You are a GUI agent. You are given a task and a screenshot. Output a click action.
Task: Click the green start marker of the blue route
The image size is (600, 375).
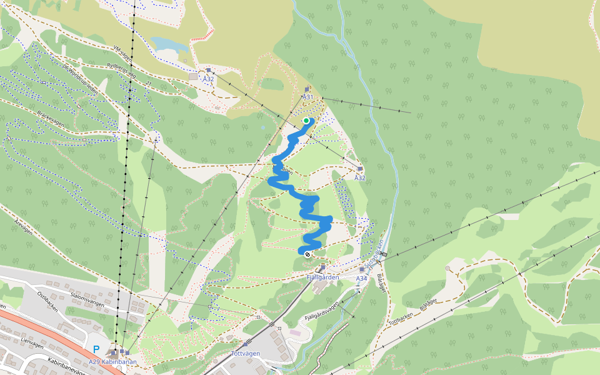coord(306,121)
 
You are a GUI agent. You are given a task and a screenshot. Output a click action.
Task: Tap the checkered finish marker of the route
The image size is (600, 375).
coord(307,254)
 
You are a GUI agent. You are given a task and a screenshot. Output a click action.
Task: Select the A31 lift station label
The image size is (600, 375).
coord(307,97)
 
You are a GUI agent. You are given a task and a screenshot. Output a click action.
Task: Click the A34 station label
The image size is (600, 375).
coord(361,278)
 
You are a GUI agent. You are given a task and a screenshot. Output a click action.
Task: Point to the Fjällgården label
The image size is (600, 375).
coord(322,277)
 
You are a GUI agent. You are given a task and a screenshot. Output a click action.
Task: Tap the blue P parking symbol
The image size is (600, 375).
coord(96,350)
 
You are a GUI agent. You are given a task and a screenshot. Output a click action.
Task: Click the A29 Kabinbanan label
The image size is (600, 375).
coord(112,362)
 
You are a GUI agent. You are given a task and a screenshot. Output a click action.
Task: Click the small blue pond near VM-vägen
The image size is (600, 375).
coord(167,44)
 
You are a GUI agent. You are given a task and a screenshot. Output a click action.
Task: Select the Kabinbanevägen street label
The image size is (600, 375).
coord(66,366)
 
